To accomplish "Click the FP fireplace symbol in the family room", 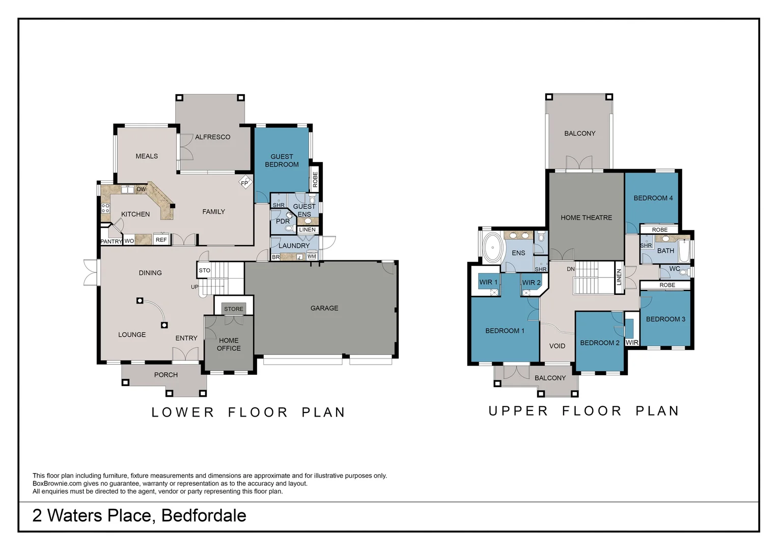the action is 245,182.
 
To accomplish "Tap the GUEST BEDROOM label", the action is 282,160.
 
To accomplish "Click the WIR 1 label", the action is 488,282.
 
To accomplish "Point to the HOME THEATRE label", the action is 586,217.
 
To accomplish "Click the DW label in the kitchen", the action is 141,189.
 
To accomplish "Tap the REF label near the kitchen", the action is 161,240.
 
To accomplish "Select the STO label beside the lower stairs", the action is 205,270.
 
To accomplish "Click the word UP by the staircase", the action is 194,287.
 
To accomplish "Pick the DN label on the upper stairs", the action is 571,269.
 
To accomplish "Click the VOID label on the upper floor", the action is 557,346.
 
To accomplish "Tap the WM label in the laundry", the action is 312,256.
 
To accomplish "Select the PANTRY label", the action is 111,241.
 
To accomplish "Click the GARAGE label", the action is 324,308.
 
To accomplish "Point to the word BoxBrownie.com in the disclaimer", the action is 57,483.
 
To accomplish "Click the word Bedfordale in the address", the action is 204,515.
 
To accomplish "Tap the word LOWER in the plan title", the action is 183,413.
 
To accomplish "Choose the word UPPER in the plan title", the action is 518,411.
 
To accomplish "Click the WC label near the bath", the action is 675,269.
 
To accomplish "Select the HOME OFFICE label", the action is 229,344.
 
